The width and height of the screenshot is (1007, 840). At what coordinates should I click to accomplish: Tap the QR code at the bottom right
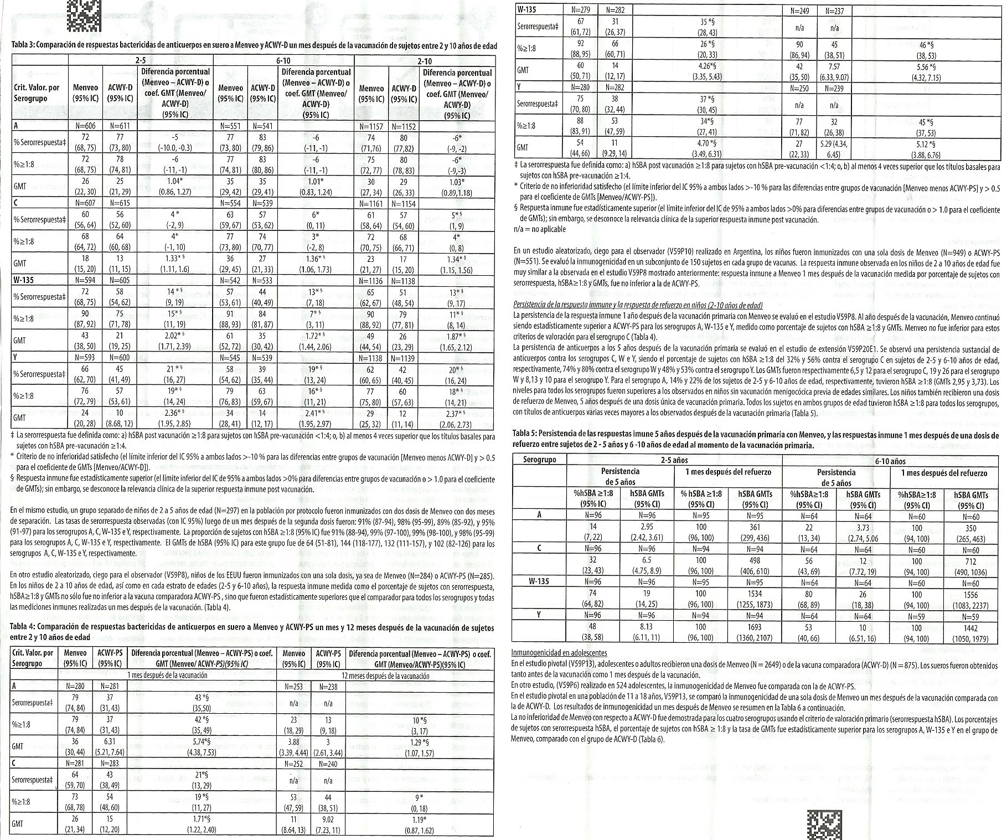(x=823, y=823)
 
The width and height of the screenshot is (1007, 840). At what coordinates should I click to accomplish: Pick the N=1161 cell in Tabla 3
(x=371, y=203)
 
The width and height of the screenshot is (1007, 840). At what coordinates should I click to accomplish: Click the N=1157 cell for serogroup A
(x=371, y=126)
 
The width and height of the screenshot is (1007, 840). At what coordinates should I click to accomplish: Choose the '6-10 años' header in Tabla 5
(x=890, y=460)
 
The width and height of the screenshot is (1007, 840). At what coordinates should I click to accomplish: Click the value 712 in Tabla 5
(x=970, y=561)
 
